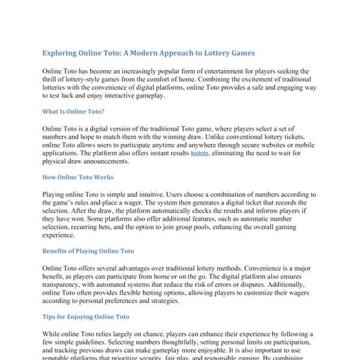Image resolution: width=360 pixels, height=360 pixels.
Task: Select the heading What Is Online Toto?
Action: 74,111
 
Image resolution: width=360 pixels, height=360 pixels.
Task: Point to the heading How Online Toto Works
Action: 77,177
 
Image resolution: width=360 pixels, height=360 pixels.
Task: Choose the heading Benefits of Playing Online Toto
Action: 88,251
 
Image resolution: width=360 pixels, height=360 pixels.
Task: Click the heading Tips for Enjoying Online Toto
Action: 86,316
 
